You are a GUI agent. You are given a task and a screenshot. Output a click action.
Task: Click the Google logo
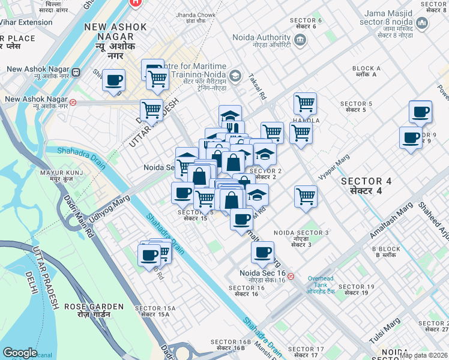tap(20, 353)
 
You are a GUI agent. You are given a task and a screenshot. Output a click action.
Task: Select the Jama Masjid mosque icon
tap(422, 23)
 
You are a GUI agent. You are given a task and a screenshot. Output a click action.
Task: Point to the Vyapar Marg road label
tap(334, 167)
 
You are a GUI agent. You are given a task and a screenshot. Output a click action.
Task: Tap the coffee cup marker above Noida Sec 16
tap(262, 253)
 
